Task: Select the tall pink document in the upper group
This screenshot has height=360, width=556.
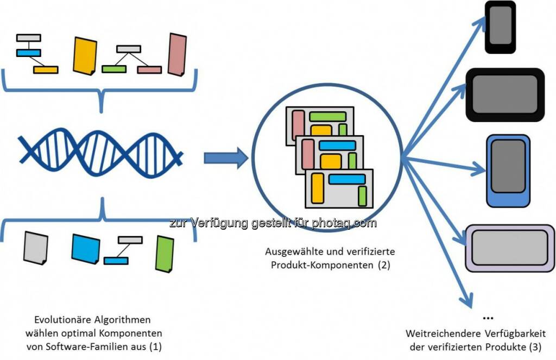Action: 177,54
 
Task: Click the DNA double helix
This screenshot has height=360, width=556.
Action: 100,148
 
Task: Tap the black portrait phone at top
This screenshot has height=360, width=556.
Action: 500,27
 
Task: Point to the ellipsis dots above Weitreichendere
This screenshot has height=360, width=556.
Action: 487,318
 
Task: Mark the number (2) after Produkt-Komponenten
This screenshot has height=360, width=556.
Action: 383,266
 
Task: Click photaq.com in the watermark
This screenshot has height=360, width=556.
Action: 351,223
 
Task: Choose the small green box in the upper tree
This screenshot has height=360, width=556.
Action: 114,70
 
